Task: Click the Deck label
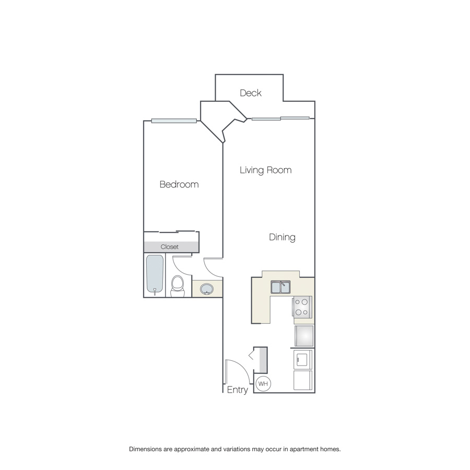(251, 93)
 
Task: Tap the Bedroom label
(179, 184)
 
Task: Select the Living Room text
(266, 170)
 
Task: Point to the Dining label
(282, 238)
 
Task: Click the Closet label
(169, 246)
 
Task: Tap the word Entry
(238, 390)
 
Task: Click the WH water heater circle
(263, 384)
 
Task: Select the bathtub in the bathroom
(155, 274)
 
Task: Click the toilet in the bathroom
(178, 286)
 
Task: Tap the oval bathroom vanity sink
(207, 289)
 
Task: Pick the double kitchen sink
(280, 287)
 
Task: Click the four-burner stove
(302, 307)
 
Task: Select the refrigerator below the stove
(304, 336)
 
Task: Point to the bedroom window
(174, 121)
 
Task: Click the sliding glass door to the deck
(280, 119)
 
